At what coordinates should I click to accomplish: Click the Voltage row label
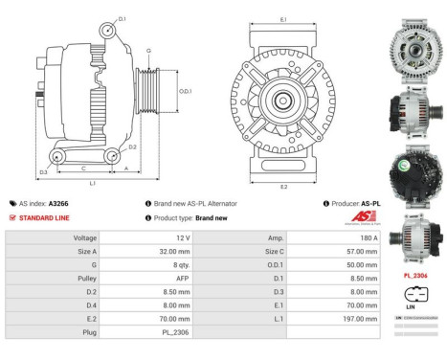click(85, 236)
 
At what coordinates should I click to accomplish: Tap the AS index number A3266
click(59, 204)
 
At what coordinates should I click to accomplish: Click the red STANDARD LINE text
click(47, 217)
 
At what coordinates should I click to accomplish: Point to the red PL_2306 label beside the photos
click(415, 274)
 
